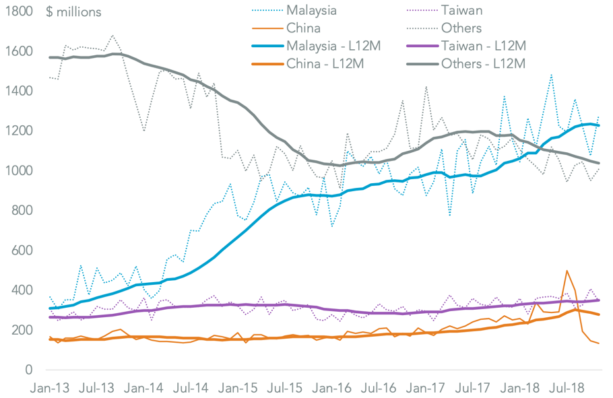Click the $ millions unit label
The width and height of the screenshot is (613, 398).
click(x=74, y=12)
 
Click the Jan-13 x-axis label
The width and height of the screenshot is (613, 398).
click(x=51, y=389)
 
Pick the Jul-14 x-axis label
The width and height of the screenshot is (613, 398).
click(x=191, y=389)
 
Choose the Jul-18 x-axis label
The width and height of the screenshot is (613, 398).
click(x=567, y=389)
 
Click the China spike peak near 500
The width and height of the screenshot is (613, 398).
click(x=567, y=271)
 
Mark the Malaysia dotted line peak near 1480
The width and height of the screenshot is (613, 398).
click(x=551, y=75)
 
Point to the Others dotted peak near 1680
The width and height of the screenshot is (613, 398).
click(x=112, y=35)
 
